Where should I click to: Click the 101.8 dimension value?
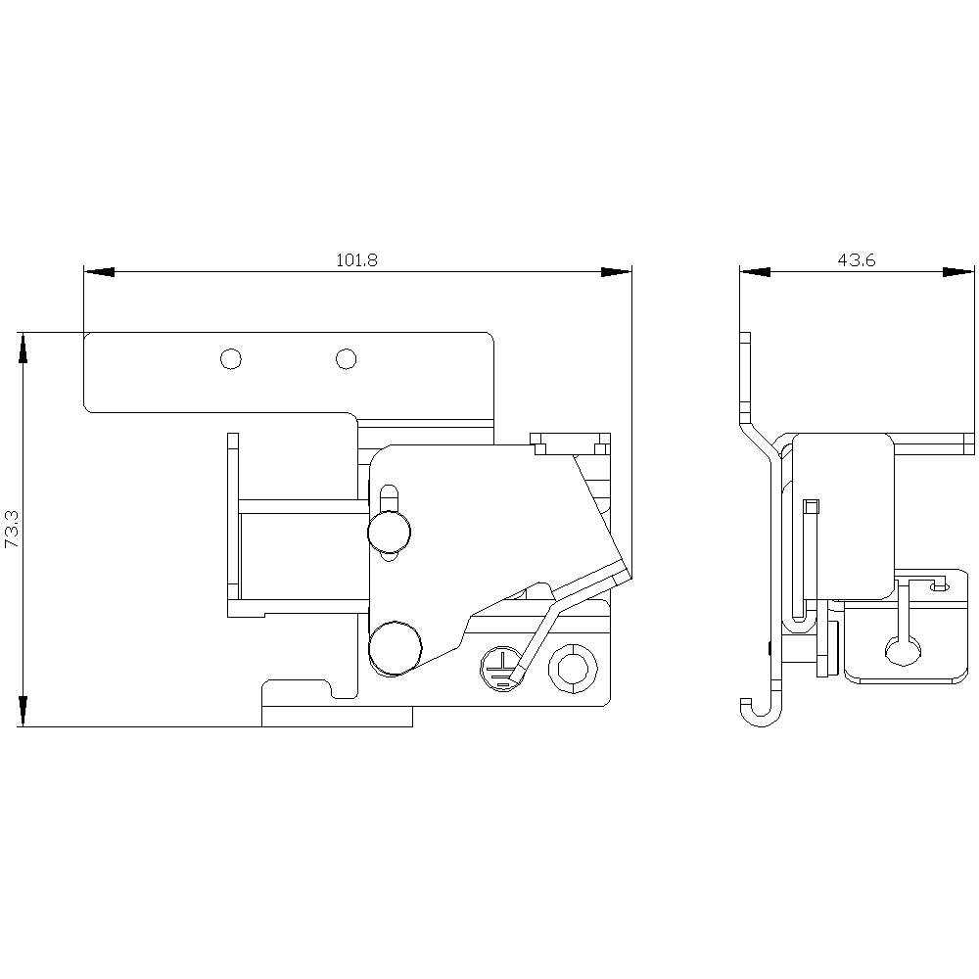tap(356, 259)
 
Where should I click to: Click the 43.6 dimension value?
tap(856, 259)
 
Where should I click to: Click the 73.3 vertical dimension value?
tap(13, 530)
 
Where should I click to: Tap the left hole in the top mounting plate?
tap(231, 359)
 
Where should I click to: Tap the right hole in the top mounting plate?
tap(346, 359)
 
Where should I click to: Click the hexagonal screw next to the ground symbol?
tap(570, 669)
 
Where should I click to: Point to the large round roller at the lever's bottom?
tap(395, 648)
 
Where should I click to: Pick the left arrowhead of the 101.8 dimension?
tap(99, 272)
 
